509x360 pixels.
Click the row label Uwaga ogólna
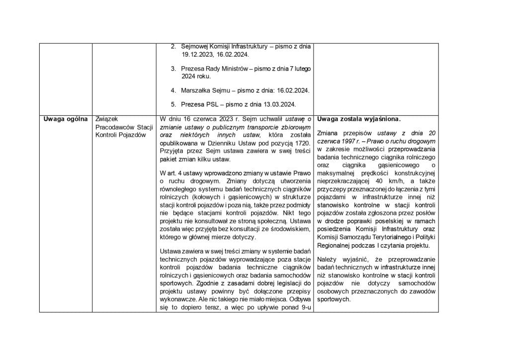(x=65, y=119)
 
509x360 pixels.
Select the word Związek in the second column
(x=105, y=119)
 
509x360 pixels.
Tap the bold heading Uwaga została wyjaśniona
(x=359, y=119)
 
